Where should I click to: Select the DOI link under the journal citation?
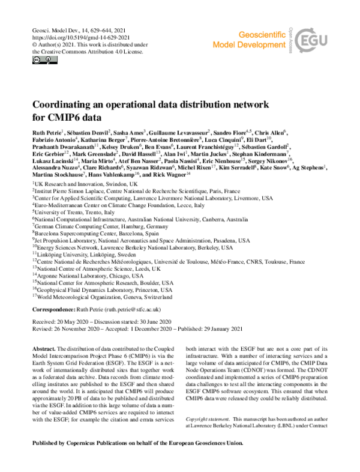[x=73, y=36]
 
